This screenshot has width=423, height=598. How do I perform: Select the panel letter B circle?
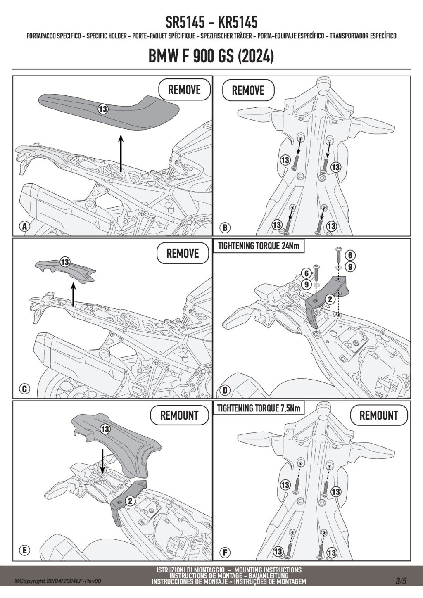point(225,228)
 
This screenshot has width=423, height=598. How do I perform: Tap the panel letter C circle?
point(24,389)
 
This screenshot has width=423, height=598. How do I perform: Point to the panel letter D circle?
point(225,390)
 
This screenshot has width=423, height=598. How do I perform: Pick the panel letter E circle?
point(24,550)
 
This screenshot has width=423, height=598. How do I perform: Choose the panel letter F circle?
point(225,552)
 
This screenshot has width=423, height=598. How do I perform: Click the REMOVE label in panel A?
point(184,90)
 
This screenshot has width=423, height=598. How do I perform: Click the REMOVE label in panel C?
point(183,254)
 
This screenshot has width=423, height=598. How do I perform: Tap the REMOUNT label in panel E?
point(179,415)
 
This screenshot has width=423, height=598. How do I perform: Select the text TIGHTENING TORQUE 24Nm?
point(258,247)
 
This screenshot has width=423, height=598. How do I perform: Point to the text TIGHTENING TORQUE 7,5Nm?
point(259,408)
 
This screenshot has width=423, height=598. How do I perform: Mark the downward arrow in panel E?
point(102,461)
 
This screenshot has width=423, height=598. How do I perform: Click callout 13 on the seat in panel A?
point(103,109)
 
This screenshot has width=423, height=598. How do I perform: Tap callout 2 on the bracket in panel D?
point(330,300)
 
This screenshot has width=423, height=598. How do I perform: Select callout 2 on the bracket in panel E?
point(130,501)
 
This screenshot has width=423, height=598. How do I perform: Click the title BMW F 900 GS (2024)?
point(211,57)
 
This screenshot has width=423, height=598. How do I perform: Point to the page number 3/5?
point(401,581)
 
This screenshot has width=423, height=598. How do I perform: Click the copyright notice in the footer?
point(58,581)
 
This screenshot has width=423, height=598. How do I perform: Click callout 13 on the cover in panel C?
point(65,262)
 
